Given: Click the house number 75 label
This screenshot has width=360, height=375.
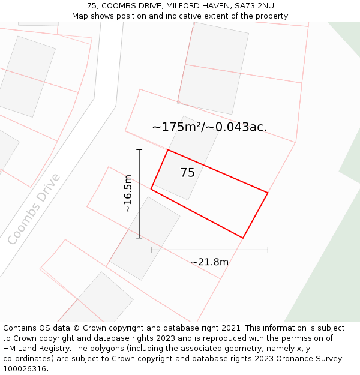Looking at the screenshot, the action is tap(187, 173).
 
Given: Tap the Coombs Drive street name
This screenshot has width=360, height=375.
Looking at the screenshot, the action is tap(34, 209).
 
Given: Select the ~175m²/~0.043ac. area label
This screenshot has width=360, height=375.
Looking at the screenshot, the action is tap(209, 127).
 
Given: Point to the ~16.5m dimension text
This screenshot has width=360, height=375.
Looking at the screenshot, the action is tap(128, 194).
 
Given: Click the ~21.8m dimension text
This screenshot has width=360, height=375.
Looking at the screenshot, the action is tap(209, 262).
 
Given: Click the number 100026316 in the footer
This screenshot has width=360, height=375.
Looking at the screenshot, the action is tap(23, 369).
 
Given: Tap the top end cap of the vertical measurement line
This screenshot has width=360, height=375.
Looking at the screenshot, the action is tap(139, 150).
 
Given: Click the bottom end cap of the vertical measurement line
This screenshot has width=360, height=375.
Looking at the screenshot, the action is tap(139, 238).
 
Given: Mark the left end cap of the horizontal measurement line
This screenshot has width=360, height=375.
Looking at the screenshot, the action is tap(151, 250).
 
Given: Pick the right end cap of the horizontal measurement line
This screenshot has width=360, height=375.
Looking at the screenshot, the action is tap(268, 250).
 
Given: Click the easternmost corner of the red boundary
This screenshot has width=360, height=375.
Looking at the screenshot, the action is tap(268, 193).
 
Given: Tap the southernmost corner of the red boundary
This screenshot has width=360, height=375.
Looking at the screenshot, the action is tap(242, 238).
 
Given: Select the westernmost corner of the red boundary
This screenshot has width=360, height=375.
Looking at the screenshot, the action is tap(151, 190).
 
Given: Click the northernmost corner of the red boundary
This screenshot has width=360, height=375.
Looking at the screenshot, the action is tap(168, 150).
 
